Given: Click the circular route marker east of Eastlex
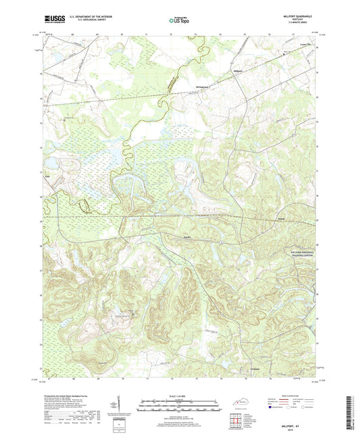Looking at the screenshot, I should [x=220, y=240].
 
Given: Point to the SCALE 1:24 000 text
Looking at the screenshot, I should [x=180, y=396].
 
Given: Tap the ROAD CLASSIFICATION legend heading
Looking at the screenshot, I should [x=298, y=393].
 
